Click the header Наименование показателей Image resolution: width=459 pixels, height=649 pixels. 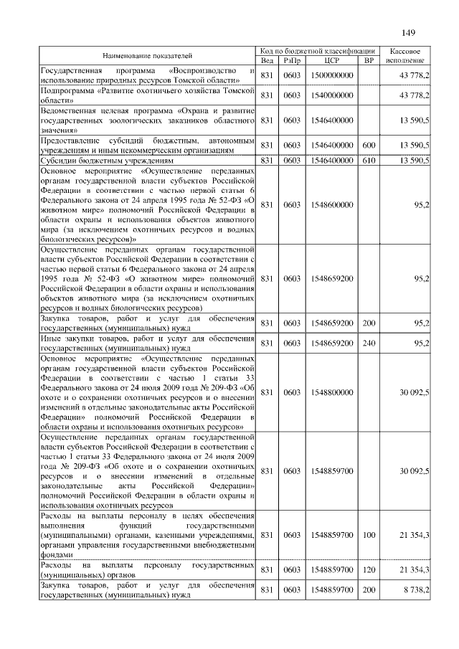(147, 55)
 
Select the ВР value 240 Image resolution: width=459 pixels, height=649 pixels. (369, 343)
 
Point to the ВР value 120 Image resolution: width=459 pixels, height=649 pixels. (369, 569)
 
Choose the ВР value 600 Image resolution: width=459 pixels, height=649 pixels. (369, 145)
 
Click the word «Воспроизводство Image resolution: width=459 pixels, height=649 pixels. (203, 71)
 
